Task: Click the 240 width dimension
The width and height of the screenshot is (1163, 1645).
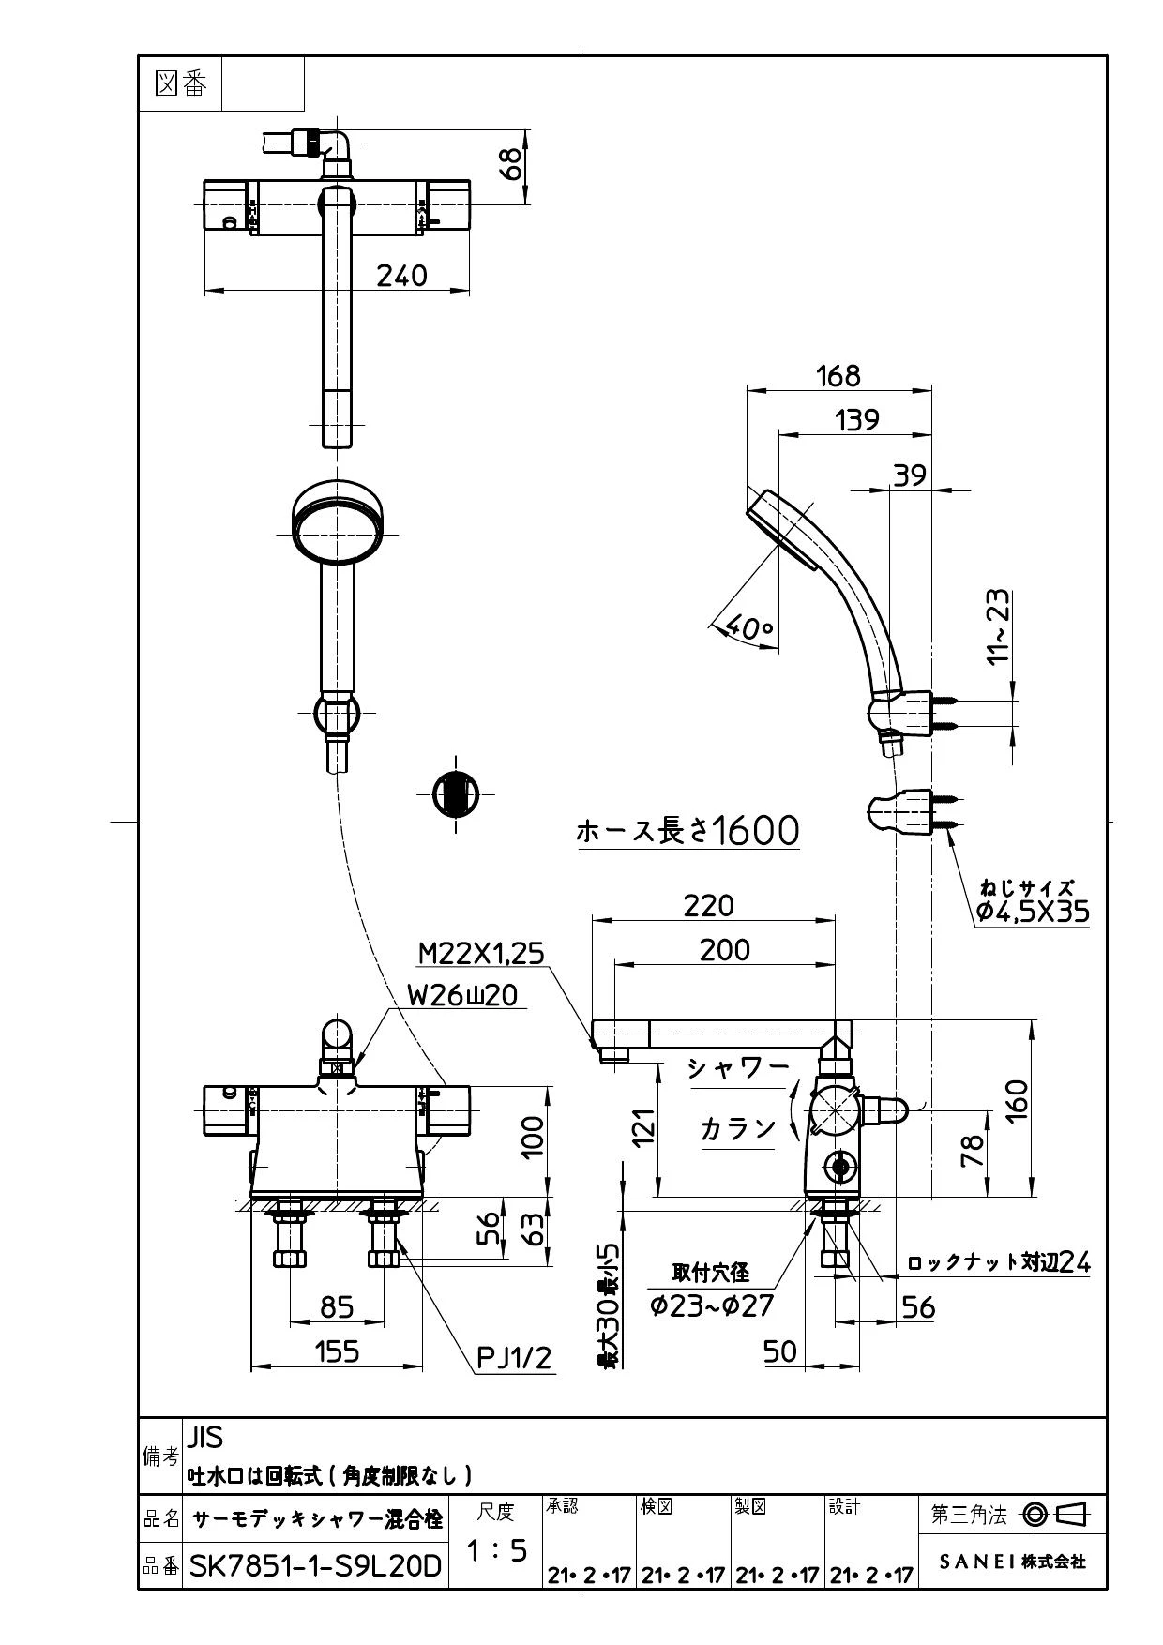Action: click(x=401, y=276)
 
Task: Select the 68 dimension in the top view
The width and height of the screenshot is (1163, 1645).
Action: click(x=510, y=166)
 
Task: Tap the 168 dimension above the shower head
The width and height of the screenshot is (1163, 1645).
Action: click(x=838, y=375)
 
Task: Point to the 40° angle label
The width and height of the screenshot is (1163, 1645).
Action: click(x=750, y=627)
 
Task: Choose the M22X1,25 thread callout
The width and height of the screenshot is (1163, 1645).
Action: click(x=480, y=953)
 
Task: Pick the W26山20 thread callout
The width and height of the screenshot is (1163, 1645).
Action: click(x=462, y=994)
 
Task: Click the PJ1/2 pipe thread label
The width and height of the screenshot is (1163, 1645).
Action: click(x=515, y=1357)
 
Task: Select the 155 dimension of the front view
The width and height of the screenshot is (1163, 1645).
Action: click(x=336, y=1351)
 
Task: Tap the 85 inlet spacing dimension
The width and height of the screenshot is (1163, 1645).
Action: click(x=337, y=1306)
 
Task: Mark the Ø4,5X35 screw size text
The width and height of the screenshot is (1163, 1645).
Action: click(x=1033, y=911)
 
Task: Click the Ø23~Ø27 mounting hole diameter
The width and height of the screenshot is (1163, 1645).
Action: click(x=712, y=1305)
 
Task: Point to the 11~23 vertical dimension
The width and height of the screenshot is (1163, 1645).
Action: click(x=1000, y=626)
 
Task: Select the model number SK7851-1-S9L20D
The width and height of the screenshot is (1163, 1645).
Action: click(x=315, y=1565)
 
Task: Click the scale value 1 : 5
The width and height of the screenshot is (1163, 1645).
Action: click(x=496, y=1551)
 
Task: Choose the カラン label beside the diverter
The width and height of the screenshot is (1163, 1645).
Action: click(x=738, y=1128)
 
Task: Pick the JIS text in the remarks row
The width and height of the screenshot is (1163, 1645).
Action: click(x=205, y=1437)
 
